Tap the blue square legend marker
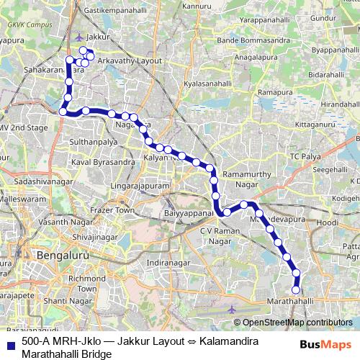(x=11, y=344)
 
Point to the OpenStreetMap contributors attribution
(x=297, y=323)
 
